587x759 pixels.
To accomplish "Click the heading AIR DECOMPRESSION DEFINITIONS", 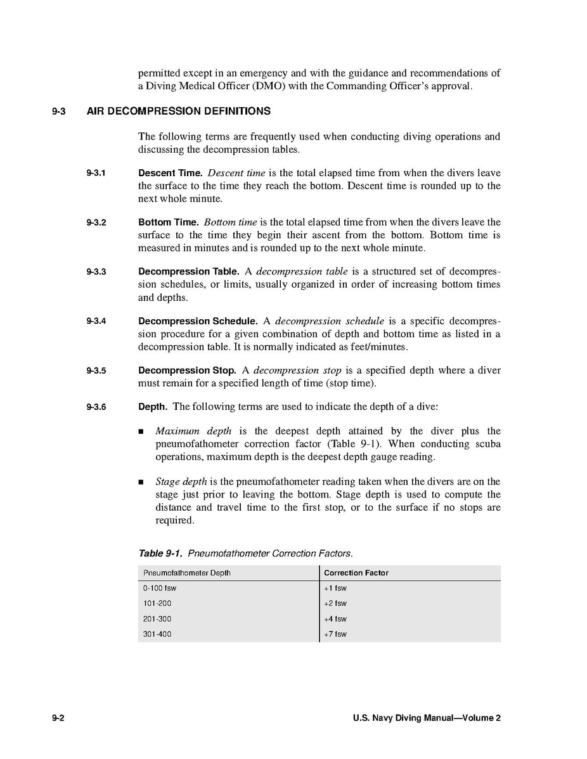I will point(178,112).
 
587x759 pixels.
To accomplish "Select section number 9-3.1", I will point(96,173).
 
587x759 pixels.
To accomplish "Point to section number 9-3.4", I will point(96,321).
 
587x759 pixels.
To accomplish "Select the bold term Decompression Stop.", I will point(187,371).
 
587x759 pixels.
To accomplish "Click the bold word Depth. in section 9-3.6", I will point(153,407).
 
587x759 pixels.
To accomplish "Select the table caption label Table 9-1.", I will point(160,554).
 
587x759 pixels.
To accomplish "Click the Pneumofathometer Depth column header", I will point(187,573).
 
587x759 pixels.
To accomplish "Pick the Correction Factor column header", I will point(356,573).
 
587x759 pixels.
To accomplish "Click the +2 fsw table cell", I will point(335,604).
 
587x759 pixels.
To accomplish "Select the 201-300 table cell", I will point(157,619).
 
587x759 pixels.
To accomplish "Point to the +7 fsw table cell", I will point(335,634).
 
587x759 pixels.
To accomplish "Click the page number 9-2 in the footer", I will point(59,718).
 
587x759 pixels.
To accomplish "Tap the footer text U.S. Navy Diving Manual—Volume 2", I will point(427,718).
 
